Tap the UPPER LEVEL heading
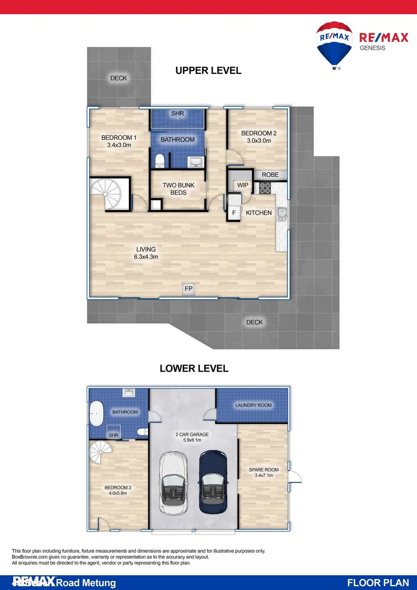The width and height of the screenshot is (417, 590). tap(208, 70)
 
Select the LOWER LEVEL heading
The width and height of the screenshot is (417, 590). tap(194, 369)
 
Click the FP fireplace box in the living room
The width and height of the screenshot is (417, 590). tap(188, 289)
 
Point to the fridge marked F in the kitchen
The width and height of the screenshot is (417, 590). tap(234, 213)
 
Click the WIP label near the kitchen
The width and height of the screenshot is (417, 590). tap(242, 185)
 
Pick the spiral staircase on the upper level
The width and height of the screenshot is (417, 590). tap(109, 194)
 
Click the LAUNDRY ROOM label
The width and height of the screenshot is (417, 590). tap(253, 405)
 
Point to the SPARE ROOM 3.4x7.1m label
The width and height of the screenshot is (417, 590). tap(264, 473)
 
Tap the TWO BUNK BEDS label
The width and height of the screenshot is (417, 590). tap(178, 189)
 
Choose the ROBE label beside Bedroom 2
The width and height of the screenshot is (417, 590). tap(270, 175)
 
